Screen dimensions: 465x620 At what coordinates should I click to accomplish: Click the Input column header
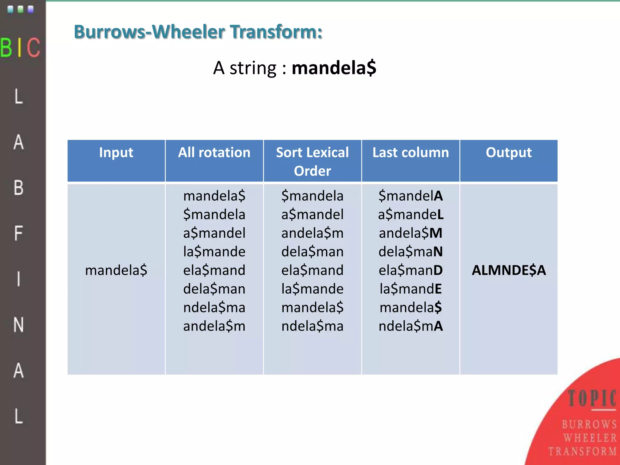[116, 152]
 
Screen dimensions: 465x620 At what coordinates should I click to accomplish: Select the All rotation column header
[214, 152]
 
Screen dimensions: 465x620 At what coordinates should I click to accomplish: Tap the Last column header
[411, 152]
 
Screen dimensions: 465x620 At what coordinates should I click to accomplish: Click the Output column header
[509, 152]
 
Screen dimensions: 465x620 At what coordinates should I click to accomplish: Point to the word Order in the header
[312, 171]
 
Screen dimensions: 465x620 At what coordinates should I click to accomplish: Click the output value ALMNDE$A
[509, 270]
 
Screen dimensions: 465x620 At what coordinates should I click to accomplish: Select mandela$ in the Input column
[116, 270]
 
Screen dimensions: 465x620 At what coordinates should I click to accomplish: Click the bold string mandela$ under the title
[334, 68]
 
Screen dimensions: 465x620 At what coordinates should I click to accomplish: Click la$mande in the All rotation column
[214, 252]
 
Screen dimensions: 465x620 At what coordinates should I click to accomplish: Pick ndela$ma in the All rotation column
[214, 307]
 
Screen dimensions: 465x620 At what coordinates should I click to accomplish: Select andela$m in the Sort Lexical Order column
[312, 233]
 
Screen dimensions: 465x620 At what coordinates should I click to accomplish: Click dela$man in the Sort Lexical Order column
[312, 252]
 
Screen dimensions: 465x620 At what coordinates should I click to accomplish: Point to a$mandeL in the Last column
[411, 214]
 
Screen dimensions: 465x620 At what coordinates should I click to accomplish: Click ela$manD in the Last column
[411, 270]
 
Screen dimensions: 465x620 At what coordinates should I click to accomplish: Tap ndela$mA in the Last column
[411, 326]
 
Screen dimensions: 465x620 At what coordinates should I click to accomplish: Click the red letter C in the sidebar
[33, 48]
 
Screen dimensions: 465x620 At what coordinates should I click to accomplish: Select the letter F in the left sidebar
[18, 233]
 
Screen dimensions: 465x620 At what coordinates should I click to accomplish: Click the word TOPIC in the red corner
[592, 398]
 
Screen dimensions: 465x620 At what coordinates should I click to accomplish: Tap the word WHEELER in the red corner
[590, 438]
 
